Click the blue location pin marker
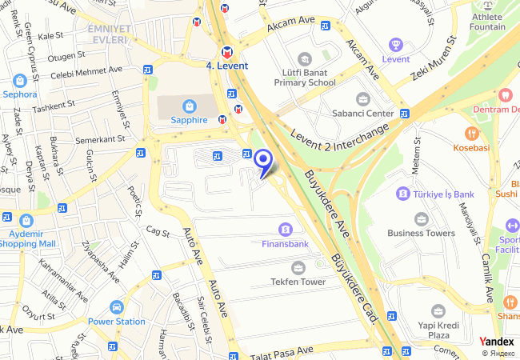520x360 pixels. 263,161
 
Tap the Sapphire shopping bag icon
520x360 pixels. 189,105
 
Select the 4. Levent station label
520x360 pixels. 227,66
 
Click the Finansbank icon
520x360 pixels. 286,230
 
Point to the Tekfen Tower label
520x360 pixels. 298,282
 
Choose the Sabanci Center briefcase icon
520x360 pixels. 363,99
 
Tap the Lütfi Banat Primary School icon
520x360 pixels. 304,58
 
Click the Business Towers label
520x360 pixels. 421,233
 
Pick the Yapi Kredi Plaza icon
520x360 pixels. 438,311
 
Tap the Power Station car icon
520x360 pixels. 117,307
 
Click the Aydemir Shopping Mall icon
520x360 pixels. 26,220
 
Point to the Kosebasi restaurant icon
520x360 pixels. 472,134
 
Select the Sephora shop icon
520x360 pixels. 20,80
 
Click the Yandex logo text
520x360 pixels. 497,342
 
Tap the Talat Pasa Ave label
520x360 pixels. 281,351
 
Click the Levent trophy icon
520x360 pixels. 395,45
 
